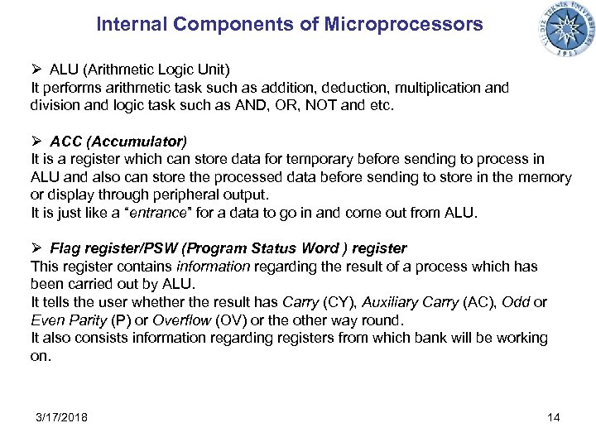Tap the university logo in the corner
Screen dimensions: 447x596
[x=568, y=29]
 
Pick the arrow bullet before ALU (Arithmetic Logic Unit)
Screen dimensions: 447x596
[x=36, y=69]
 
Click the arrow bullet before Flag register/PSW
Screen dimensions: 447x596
[x=36, y=248]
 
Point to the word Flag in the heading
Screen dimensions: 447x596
[x=65, y=248]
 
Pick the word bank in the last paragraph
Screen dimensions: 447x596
[x=431, y=339]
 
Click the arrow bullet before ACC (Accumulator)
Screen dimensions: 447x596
[x=36, y=140]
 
